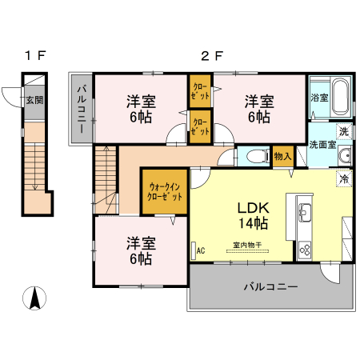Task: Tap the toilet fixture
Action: (x=254, y=155)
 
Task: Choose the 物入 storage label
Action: (x=282, y=156)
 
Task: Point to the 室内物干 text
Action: (x=249, y=245)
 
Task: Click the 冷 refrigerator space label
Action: (x=344, y=178)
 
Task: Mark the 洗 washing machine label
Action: (x=343, y=130)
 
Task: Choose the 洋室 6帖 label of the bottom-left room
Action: (x=140, y=250)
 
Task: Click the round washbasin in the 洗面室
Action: (x=346, y=155)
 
